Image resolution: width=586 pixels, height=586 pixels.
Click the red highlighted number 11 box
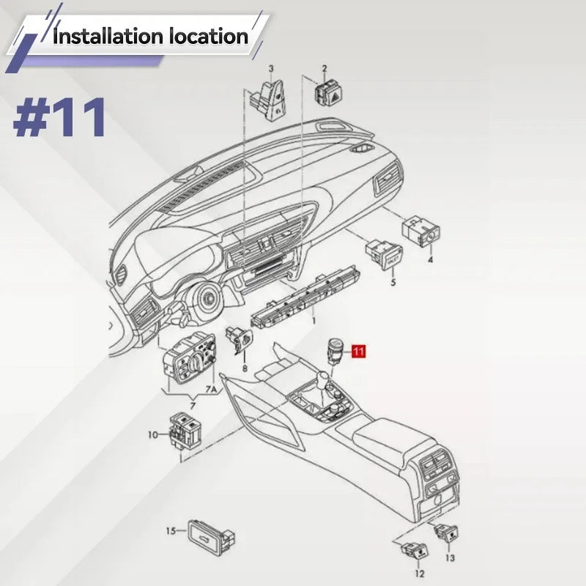358,352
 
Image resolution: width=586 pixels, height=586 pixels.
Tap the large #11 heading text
59,117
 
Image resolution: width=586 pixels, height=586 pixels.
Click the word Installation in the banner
108,37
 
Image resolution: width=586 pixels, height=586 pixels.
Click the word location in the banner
209,37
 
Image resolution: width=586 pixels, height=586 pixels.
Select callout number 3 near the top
271,69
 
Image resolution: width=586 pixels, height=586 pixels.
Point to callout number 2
324,69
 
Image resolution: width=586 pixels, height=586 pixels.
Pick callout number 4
430,260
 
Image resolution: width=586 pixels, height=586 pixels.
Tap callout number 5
393,282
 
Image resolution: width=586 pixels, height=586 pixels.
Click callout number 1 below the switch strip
314,321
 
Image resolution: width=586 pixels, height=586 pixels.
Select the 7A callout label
211,390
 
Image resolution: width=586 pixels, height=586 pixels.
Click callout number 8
245,368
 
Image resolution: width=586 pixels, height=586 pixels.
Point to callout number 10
153,435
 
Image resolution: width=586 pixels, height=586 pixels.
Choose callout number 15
171,530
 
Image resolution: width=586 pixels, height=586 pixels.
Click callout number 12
420,574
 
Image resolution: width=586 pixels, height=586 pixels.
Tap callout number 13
450,558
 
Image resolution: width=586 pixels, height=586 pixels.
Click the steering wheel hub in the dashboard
206,300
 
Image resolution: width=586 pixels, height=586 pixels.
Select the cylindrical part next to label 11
334,350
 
